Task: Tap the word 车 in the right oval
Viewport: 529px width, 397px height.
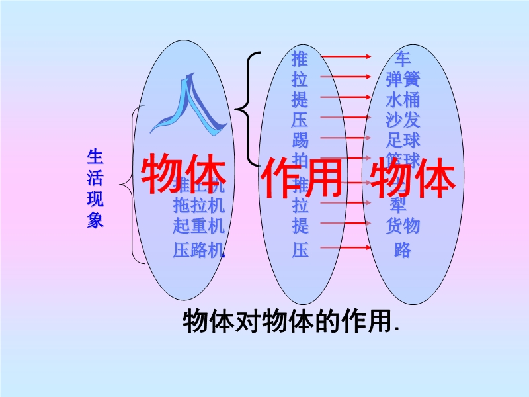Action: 402,58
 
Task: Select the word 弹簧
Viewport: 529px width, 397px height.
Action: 402,79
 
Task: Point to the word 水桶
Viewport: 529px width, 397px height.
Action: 402,99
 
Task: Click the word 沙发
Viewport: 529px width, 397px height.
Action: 402,120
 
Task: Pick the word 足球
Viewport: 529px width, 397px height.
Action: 402,140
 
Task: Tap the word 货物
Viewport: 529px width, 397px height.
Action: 402,226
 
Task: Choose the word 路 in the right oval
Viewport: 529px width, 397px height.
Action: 402,250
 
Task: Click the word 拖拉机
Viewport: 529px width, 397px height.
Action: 198,205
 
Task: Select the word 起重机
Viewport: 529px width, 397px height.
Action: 198,226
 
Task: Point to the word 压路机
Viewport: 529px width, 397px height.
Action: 198,250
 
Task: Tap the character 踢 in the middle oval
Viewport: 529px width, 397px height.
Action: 300,140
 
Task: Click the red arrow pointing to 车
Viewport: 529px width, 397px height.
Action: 346,58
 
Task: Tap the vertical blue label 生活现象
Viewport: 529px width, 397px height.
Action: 95,189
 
